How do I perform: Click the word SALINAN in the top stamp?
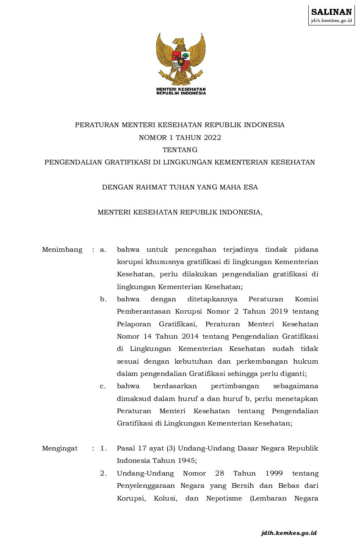click(331, 12)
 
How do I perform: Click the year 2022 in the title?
click(212, 137)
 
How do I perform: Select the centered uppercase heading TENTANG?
click(180, 150)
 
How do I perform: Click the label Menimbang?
click(62, 250)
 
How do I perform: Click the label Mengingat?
click(60, 448)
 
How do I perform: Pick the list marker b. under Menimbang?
click(103, 299)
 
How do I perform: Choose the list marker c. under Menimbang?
click(103, 386)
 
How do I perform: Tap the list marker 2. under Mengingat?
click(103, 473)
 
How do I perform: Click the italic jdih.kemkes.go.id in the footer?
click(289, 533)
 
